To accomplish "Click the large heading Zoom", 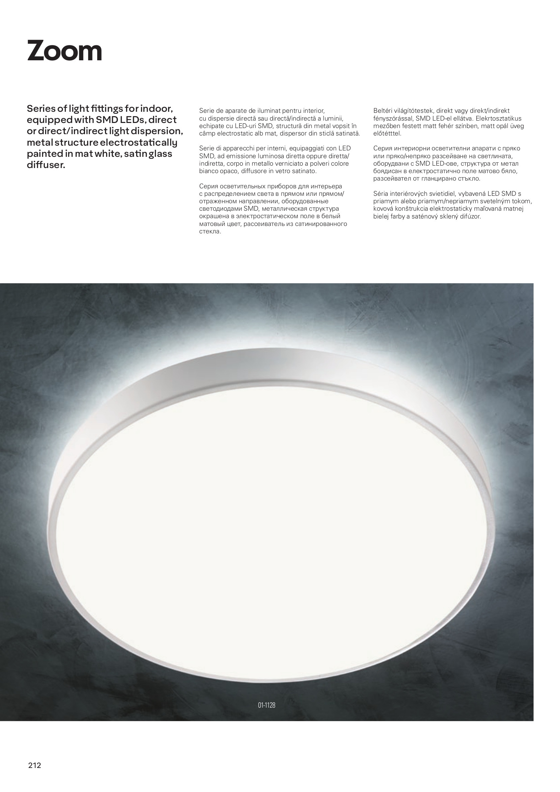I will [x=64, y=51].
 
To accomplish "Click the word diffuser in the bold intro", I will [x=46, y=165].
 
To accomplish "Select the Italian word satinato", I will [x=305, y=171].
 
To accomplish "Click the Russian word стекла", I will [x=210, y=231].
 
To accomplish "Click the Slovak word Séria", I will [x=381, y=194].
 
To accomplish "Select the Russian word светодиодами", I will [x=221, y=209].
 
